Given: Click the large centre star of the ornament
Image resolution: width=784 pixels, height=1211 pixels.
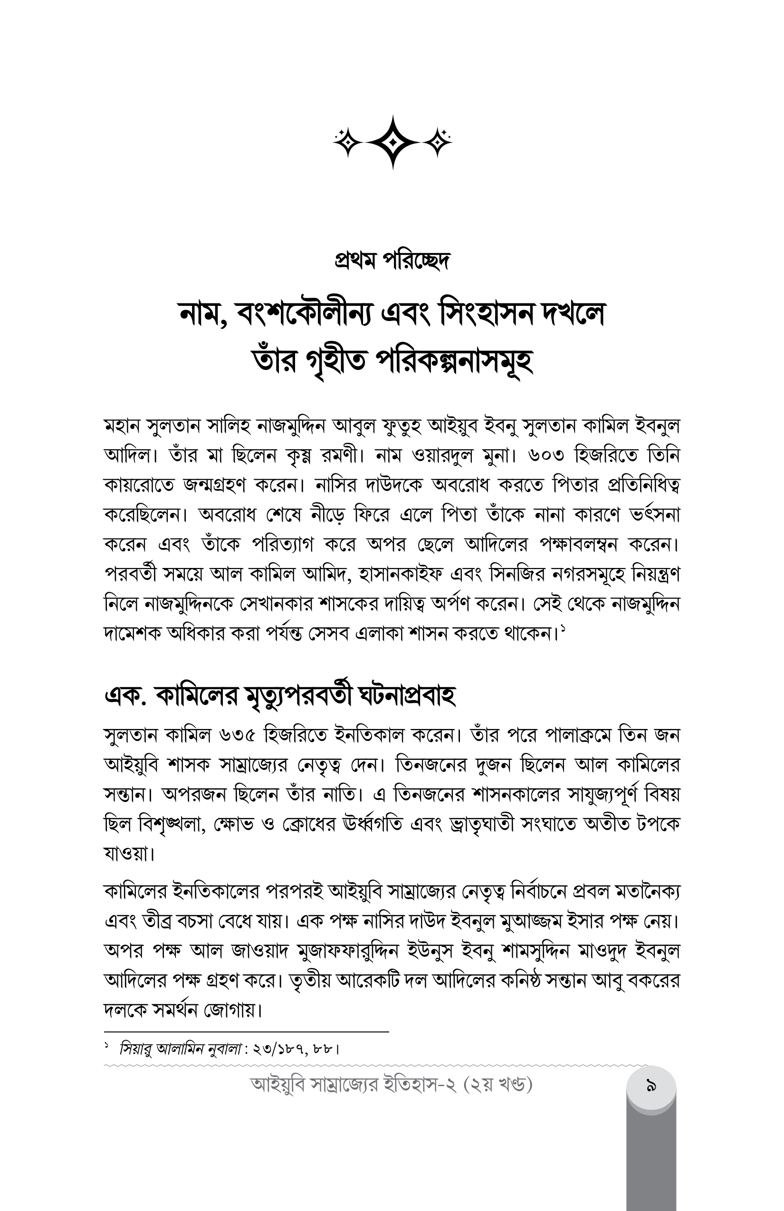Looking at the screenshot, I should coord(392,142).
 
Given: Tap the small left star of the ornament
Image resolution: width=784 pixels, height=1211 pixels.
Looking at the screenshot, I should coord(349,142).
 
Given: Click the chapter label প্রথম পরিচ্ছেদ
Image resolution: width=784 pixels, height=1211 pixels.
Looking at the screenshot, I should coord(392,261).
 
